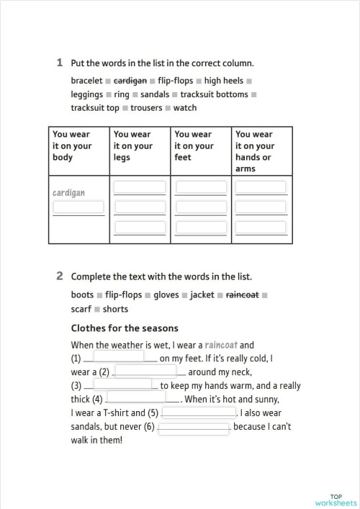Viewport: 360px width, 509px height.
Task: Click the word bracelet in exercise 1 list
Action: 86,81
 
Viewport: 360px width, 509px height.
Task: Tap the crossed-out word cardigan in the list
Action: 130,81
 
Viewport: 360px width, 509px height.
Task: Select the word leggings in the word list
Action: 86,94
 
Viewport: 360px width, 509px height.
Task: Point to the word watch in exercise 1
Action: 185,108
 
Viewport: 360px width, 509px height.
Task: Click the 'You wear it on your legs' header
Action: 133,145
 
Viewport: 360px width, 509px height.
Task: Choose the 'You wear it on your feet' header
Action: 194,145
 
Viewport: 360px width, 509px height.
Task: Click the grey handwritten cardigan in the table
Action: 69,193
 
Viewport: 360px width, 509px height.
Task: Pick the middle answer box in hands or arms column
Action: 262,207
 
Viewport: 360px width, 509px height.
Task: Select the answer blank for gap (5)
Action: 199,413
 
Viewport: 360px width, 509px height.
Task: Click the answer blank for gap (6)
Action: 193,427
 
